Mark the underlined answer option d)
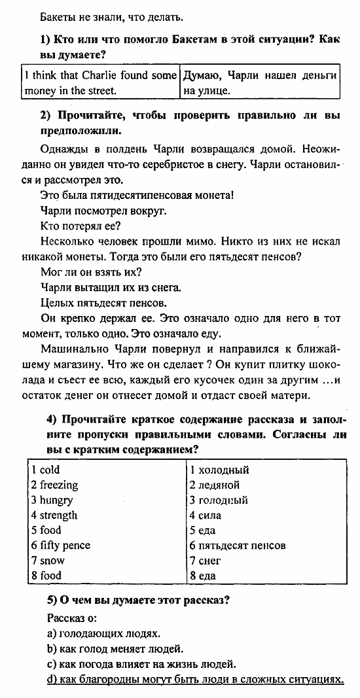pyautogui.click(x=196, y=679)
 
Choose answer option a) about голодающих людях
pyautogui.click(x=104, y=633)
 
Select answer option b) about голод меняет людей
pyautogui.click(x=115, y=648)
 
